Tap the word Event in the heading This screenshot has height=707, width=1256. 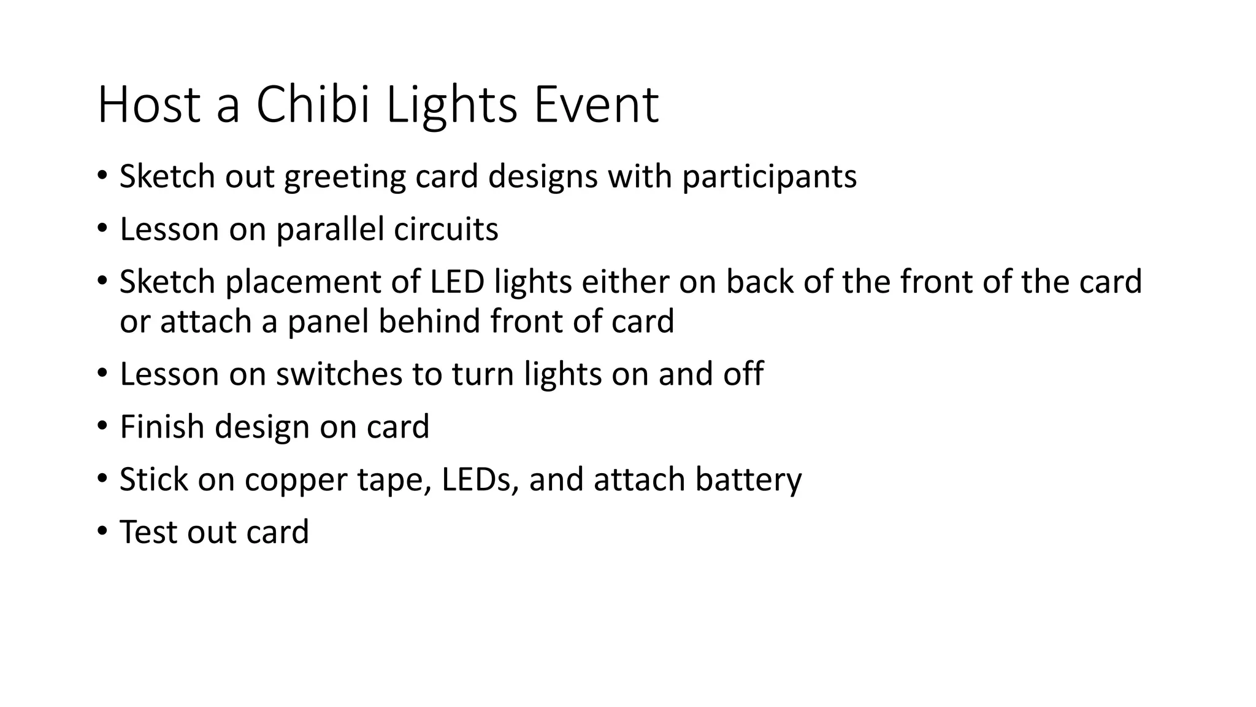pos(596,105)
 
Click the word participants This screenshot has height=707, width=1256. pos(769,177)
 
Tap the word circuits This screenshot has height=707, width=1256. pos(446,230)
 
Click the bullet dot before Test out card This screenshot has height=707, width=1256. pos(102,531)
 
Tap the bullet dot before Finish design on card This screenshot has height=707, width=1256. pos(102,426)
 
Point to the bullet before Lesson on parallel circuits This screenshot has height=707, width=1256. pos(102,229)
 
